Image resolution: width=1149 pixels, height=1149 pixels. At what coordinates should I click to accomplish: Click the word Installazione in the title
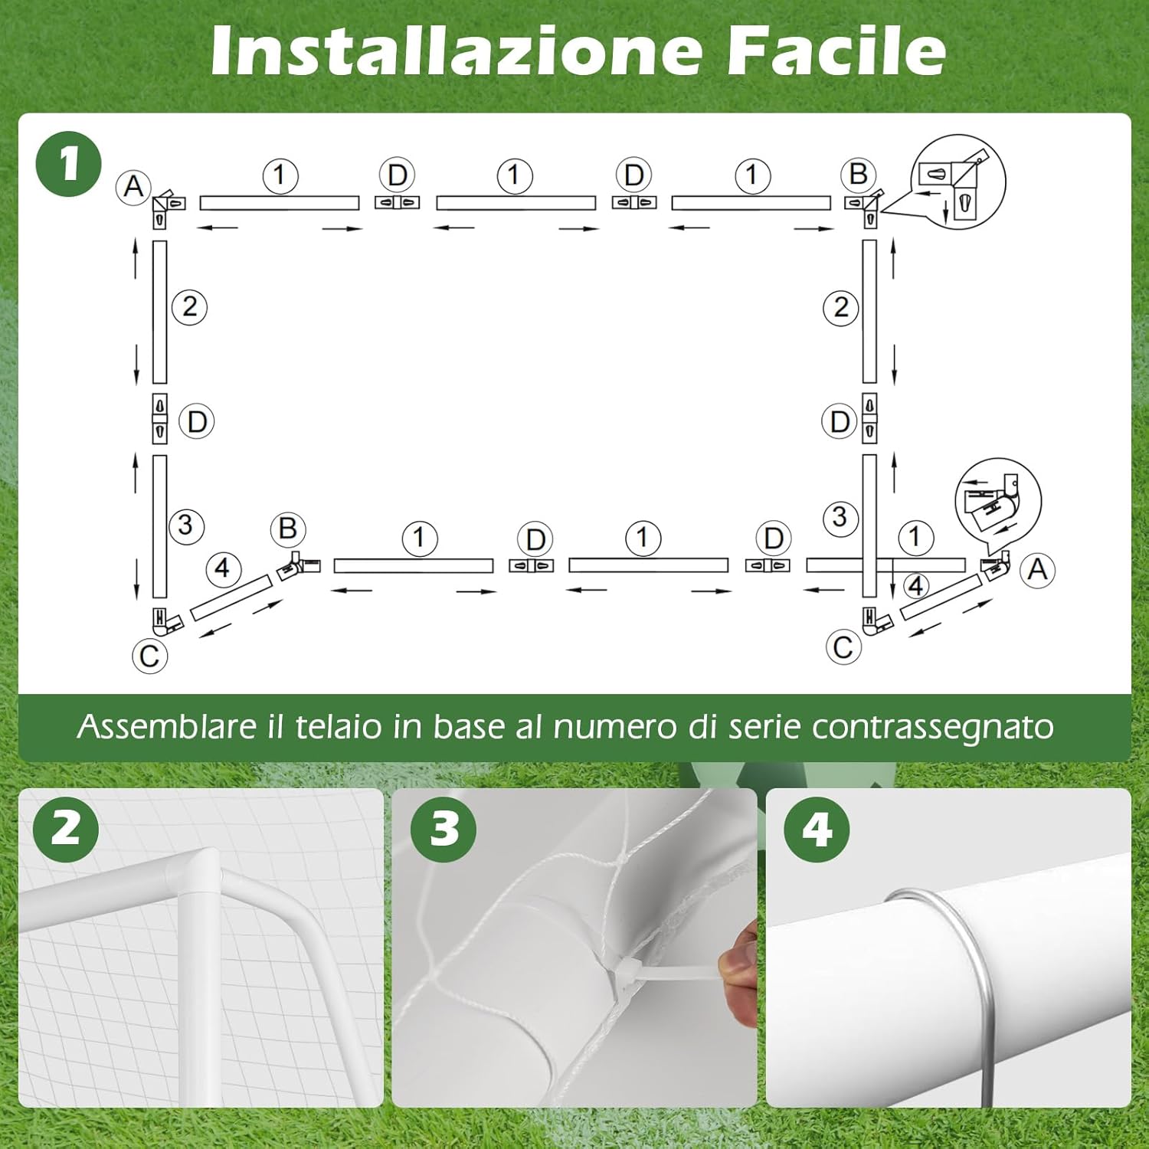point(457,51)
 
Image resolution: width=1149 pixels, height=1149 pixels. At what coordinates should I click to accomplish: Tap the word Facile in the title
point(836,51)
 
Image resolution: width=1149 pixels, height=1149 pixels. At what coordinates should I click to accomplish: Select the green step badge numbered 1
point(69,164)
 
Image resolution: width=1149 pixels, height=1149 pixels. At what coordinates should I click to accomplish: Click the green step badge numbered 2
point(66,829)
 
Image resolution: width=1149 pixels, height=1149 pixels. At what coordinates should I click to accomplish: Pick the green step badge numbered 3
point(444,829)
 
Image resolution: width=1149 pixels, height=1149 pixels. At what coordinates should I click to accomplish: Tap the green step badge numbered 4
point(817,829)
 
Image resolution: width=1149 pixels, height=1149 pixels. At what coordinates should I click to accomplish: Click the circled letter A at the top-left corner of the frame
point(134,186)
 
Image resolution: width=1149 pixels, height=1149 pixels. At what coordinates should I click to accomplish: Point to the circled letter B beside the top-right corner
point(858,175)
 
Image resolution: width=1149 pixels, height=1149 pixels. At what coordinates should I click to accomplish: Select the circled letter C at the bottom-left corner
point(150,656)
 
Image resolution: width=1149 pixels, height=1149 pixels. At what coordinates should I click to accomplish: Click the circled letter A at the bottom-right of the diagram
point(1037,570)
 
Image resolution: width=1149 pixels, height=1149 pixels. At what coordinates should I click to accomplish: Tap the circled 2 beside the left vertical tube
point(189,307)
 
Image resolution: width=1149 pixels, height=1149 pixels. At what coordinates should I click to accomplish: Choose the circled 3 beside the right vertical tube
point(840,517)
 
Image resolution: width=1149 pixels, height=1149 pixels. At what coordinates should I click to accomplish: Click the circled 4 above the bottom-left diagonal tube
point(223,568)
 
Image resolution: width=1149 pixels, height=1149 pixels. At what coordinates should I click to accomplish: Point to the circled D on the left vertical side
point(197,422)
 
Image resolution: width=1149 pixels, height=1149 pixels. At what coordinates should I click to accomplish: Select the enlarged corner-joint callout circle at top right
point(957,182)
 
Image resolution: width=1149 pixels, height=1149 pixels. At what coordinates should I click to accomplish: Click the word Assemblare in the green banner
point(165,726)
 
